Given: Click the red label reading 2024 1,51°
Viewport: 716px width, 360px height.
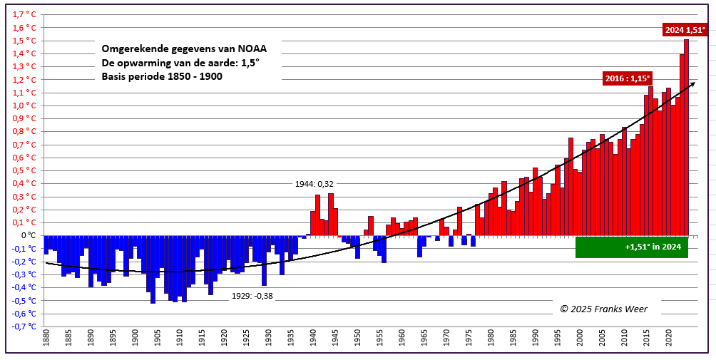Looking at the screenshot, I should (x=685, y=30).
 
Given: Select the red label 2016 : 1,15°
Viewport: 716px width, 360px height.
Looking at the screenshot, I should (x=627, y=79).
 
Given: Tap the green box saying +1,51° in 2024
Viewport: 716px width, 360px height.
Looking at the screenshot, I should (x=632, y=247).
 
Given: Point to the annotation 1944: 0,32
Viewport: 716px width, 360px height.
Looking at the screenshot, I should (x=314, y=184).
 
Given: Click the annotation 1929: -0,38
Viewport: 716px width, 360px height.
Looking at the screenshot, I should (x=252, y=296).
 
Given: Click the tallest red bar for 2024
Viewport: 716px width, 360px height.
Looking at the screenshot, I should (x=687, y=135).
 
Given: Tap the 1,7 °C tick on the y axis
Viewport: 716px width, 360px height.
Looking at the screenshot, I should (x=25, y=14).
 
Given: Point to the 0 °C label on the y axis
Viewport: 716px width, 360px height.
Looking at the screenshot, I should (x=29, y=235).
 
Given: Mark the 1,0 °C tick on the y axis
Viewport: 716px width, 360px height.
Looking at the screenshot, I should (x=25, y=106).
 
